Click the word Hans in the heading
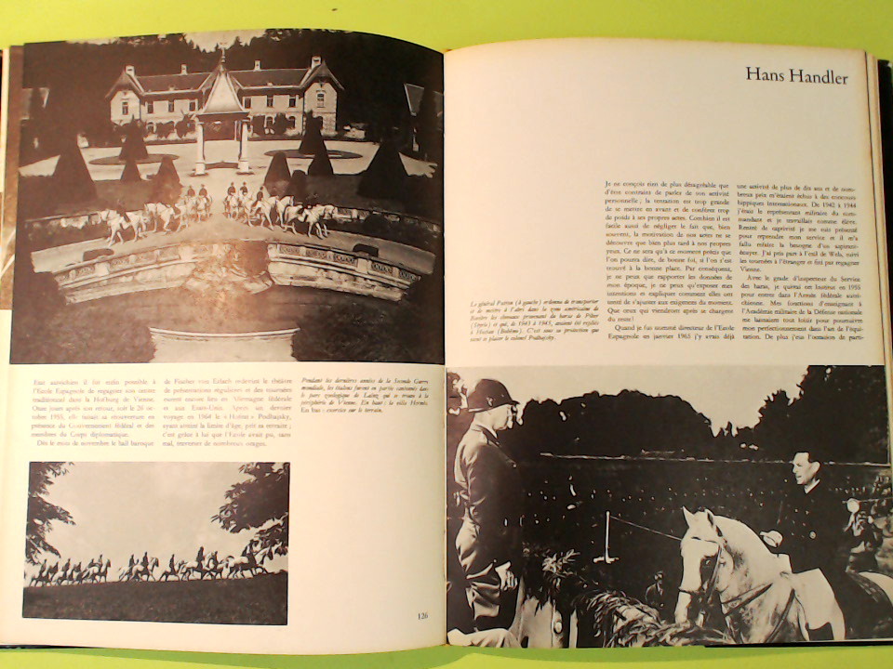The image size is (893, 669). pyautogui.click(x=766, y=76)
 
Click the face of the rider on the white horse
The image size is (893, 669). pyautogui.click(x=805, y=472)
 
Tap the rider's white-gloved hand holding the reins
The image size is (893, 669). pyautogui.click(x=771, y=537)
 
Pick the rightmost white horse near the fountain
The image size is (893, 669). pyautogui.click(x=317, y=217)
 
